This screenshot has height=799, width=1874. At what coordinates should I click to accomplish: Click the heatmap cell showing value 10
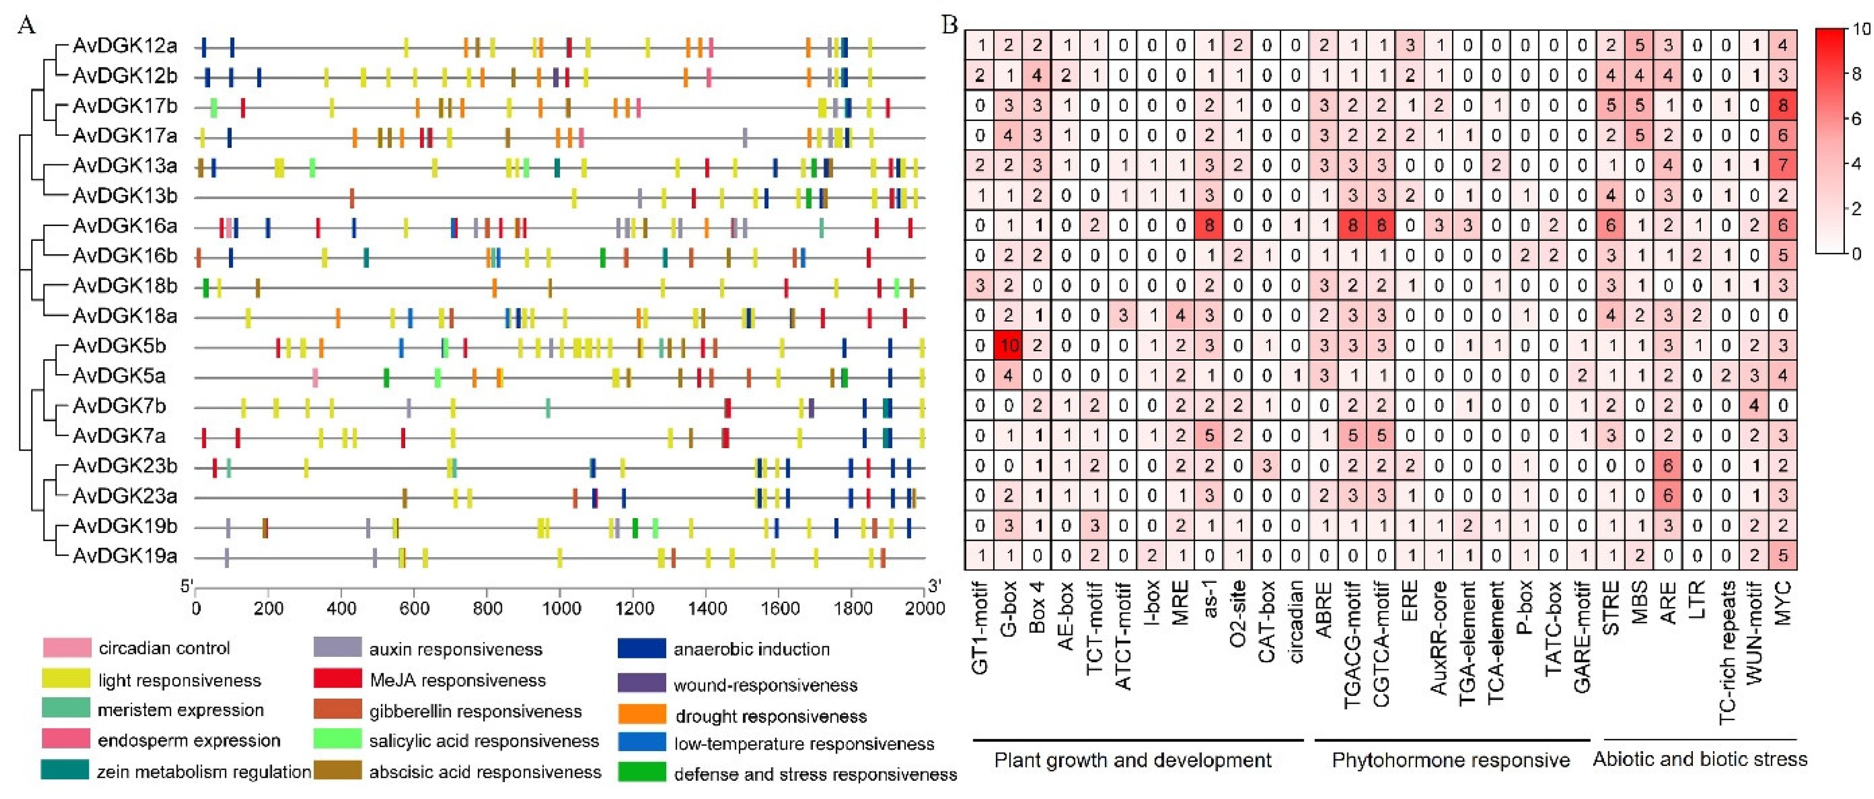[1008, 345]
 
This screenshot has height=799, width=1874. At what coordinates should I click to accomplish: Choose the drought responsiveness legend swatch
[641, 715]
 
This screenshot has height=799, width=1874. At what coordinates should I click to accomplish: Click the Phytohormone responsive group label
[1450, 761]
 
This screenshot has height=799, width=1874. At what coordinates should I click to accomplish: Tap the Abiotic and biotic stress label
[1699, 760]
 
